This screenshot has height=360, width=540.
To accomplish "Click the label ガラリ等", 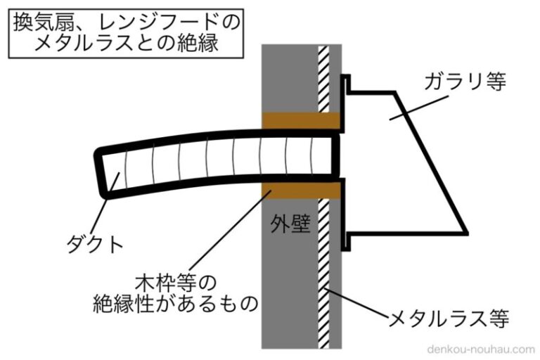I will point(465,82).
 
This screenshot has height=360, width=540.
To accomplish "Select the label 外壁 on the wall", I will point(290,226).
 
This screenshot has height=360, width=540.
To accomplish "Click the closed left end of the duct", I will point(102,172).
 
